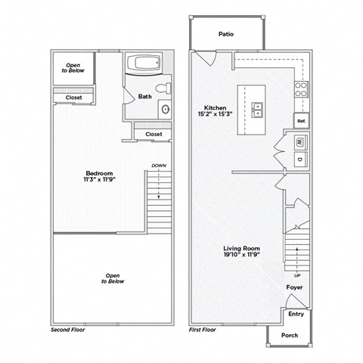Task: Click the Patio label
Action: (x=225, y=34)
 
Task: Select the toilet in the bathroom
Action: (x=166, y=89)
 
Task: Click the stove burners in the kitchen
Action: (x=301, y=91)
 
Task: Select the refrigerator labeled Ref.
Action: (x=301, y=120)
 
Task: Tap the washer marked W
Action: (x=299, y=141)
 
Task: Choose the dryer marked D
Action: (x=299, y=159)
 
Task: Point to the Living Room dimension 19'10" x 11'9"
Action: (x=241, y=256)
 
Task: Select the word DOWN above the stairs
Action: (x=158, y=166)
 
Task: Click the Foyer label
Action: (x=295, y=287)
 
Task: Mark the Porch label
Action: (x=289, y=335)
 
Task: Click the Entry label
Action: (x=296, y=314)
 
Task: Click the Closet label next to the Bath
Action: (x=153, y=134)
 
